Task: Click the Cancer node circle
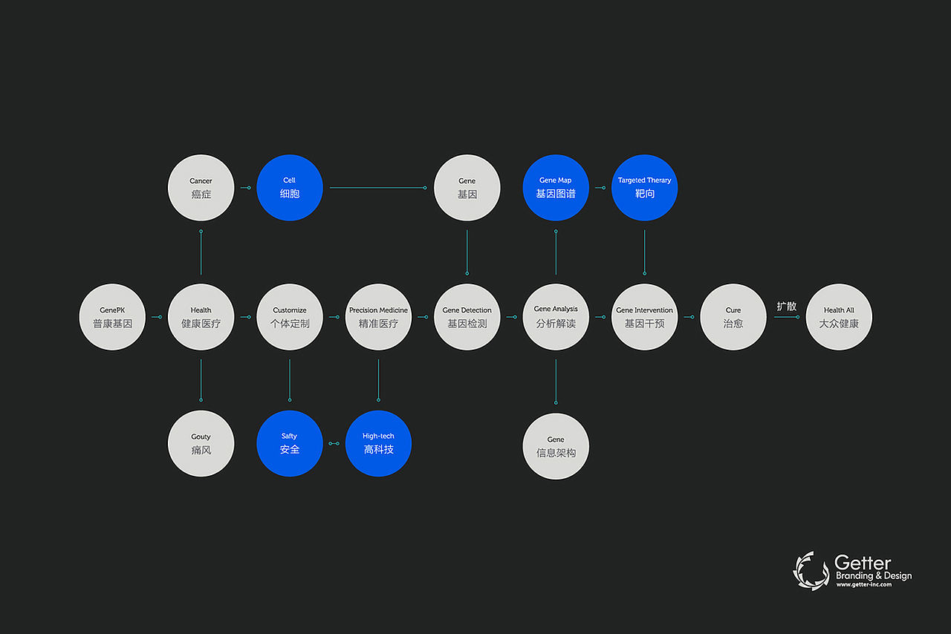point(201,188)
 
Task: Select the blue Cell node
point(290,188)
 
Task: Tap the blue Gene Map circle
point(556,188)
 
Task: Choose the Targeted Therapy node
point(644,188)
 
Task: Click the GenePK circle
point(112,317)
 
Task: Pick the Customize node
point(290,317)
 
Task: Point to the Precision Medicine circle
point(378,317)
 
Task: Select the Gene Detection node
point(467,317)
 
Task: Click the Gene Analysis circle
point(556,317)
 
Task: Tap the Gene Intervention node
point(644,317)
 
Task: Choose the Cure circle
point(733,317)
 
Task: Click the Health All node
point(839,317)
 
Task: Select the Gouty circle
point(201,443)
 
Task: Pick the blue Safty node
point(290,443)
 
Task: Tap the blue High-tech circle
point(378,443)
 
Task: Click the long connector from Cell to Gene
point(378,188)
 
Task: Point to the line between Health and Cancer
point(201,252)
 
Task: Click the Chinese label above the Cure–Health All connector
point(787,306)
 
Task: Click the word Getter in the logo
point(863,563)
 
